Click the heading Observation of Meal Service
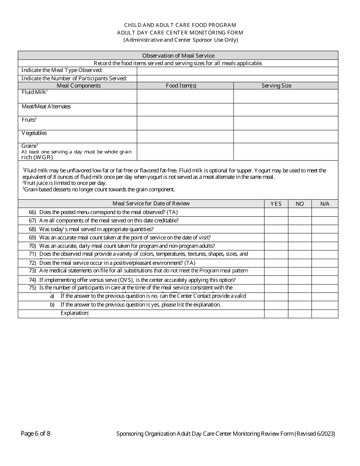click(178, 56)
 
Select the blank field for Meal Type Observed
click(237, 71)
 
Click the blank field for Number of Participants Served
click(237, 78)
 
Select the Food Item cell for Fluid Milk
click(185, 96)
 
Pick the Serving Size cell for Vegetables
click(286, 136)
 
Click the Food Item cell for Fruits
click(185, 123)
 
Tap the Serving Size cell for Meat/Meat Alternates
click(286, 109)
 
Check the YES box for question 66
click(276, 212)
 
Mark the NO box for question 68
click(300, 229)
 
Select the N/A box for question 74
click(325, 280)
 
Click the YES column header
click(276, 204)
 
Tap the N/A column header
click(325, 204)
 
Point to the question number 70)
click(32, 246)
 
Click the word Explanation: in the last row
click(75, 313)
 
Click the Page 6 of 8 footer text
click(36, 434)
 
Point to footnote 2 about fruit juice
click(64, 183)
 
